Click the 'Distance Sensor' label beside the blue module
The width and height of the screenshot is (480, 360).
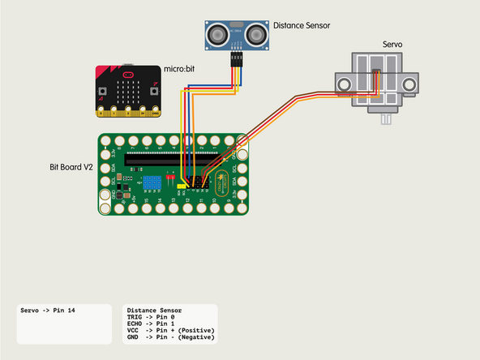point(302,26)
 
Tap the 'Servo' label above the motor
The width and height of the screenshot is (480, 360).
point(392,45)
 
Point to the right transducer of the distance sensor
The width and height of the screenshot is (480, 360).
point(255,34)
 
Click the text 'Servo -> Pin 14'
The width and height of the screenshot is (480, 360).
point(48,311)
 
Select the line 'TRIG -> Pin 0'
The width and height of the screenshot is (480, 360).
point(158,317)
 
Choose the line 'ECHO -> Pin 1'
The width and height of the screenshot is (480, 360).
point(158,324)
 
